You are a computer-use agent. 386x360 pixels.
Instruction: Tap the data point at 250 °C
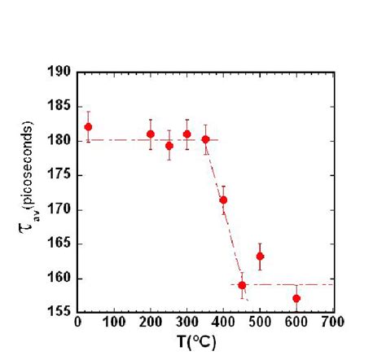point(169,146)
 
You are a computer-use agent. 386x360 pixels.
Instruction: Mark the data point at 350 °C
point(205,139)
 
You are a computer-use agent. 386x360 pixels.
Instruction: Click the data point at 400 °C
point(223,200)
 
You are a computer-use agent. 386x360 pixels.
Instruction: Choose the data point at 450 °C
point(242,285)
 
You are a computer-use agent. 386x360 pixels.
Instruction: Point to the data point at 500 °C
point(260,257)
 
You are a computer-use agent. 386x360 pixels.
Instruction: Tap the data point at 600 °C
point(296,298)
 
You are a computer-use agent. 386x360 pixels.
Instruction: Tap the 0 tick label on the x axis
point(77,321)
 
